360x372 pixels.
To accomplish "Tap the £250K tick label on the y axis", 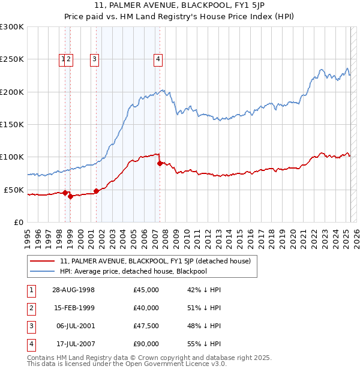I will click(x=12, y=59).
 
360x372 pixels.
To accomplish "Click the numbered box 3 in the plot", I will click(x=95, y=59).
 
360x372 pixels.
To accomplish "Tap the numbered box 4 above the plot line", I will click(x=158, y=59).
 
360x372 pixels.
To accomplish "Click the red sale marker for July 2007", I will click(x=160, y=163).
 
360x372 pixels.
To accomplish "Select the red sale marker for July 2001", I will click(x=96, y=191).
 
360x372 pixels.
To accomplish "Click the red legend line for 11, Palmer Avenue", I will click(x=42, y=261).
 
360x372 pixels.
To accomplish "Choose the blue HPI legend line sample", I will click(x=42, y=271).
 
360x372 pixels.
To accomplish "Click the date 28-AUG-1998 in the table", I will click(x=73, y=290).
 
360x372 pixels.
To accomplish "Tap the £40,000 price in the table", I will click(x=146, y=308).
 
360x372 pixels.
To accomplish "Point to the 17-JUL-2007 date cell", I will click(x=73, y=344).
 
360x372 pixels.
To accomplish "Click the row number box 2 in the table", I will click(x=31, y=308).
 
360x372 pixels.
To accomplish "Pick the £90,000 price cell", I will click(x=146, y=344).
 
